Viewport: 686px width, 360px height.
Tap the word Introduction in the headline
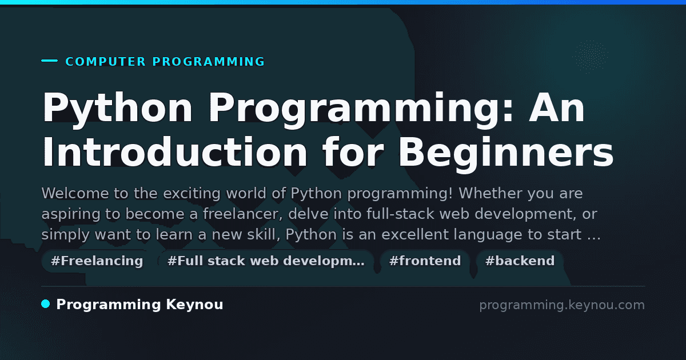coord(175,152)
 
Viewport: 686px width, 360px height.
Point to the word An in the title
coord(557,107)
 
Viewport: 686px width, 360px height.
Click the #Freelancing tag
coord(97,261)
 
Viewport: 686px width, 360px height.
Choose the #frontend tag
coord(425,261)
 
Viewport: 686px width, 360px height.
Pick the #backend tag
coord(520,261)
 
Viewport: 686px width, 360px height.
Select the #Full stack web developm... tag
coord(266,261)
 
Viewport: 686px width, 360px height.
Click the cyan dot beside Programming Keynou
coord(46,304)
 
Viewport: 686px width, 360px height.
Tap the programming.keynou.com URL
coord(562,305)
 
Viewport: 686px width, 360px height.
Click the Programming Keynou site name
coord(139,305)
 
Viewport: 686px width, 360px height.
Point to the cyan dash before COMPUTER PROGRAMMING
coord(49,61)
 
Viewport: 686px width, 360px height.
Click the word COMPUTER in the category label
coord(105,62)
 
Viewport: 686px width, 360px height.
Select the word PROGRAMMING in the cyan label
coord(209,62)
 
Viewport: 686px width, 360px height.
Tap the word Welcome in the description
coord(75,193)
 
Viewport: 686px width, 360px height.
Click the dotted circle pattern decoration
coord(590,57)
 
